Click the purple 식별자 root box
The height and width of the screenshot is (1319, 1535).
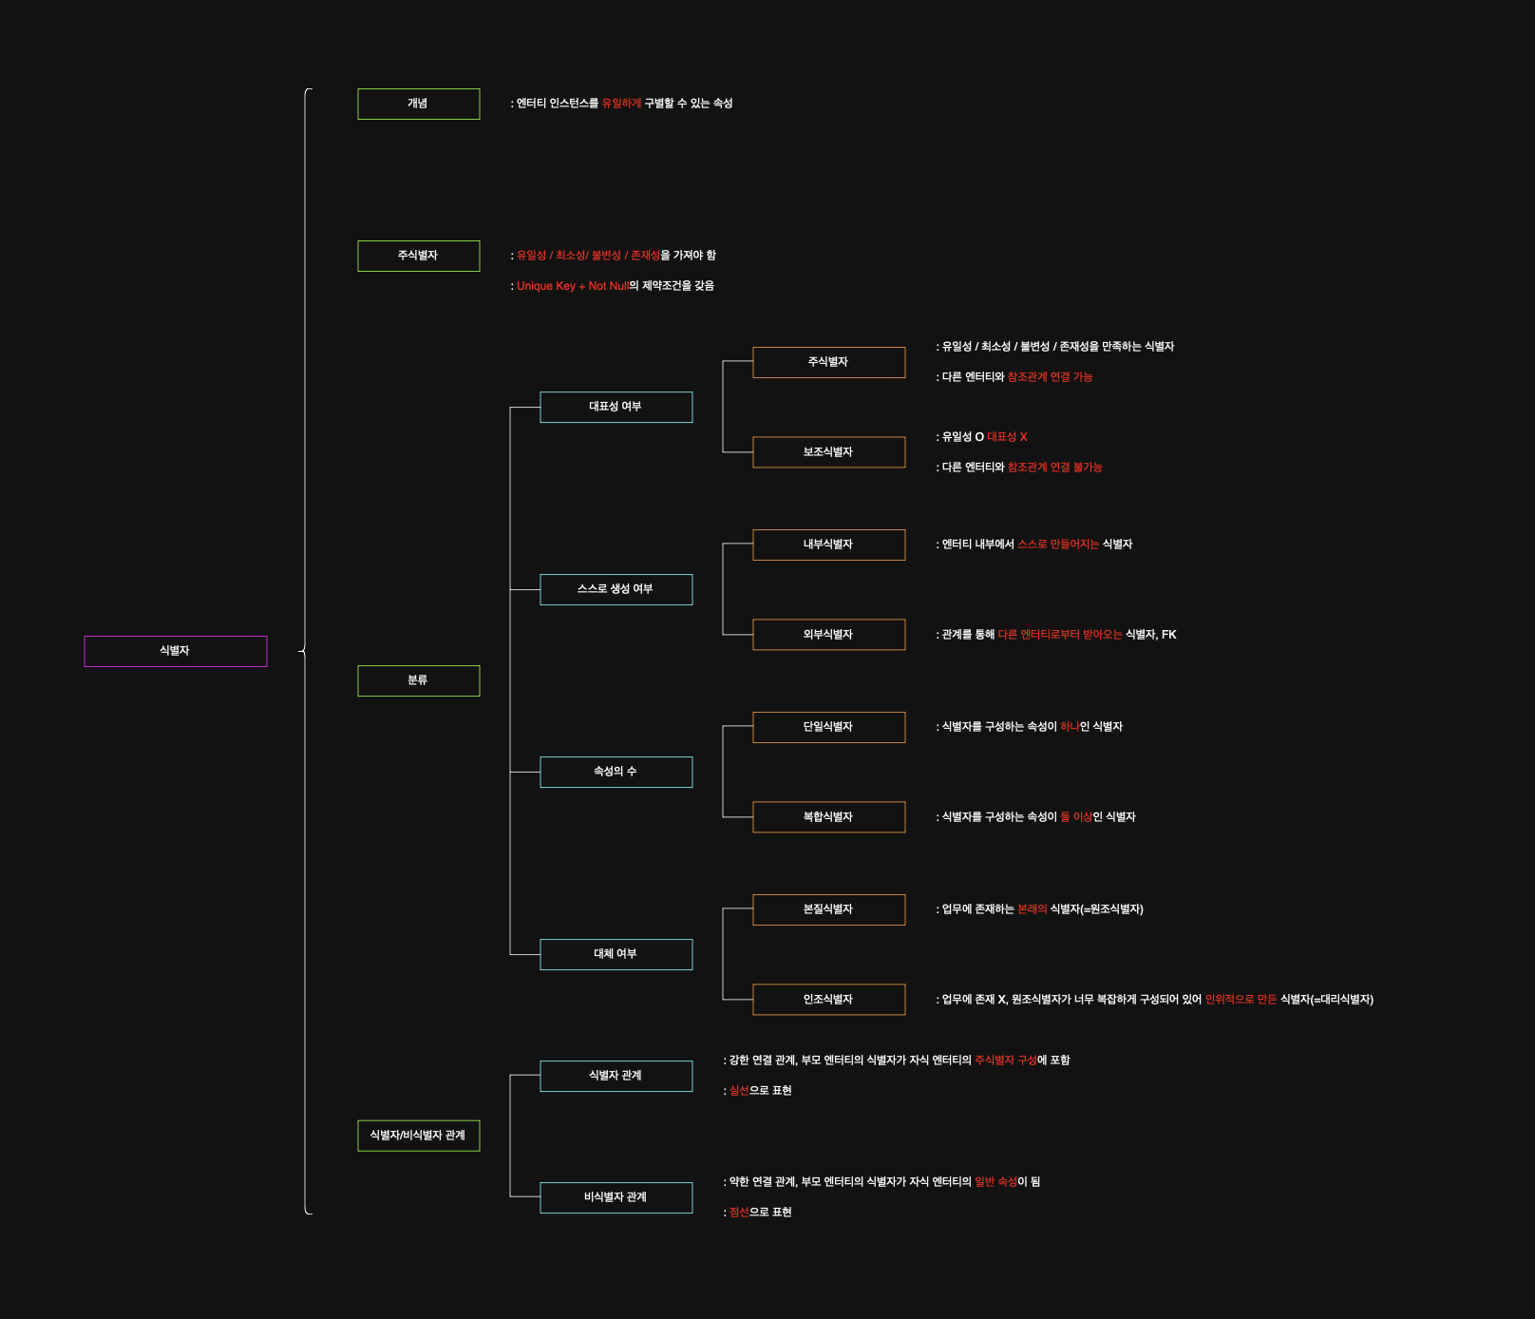[x=176, y=651]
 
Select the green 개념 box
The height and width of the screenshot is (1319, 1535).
[x=418, y=104]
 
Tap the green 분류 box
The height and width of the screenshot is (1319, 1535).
[x=418, y=680]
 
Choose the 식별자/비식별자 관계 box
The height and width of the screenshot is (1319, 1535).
[x=418, y=1136]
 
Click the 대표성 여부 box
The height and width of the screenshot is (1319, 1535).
[x=616, y=407]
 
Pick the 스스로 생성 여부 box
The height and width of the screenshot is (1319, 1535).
[x=616, y=589]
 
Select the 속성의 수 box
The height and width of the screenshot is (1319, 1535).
[x=616, y=772]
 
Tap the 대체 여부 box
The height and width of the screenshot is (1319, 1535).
[x=616, y=954]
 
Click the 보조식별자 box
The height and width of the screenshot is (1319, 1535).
[x=828, y=452]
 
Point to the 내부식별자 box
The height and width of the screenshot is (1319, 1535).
[x=828, y=545]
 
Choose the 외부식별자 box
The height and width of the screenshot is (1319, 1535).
[x=828, y=635]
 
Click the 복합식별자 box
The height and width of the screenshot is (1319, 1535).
[x=828, y=817]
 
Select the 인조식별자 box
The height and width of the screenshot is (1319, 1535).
[x=828, y=1000]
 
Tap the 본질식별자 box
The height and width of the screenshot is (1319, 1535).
[x=828, y=909]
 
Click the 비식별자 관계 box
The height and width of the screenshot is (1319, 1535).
[x=616, y=1197]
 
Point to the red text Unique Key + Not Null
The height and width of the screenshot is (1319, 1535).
[x=572, y=286]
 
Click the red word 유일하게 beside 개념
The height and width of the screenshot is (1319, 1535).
[x=621, y=104]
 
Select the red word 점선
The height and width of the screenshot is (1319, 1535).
[x=739, y=1213]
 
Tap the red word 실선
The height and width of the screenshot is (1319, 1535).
[x=739, y=1091]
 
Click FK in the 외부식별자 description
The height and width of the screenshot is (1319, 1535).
[x=1168, y=635]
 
